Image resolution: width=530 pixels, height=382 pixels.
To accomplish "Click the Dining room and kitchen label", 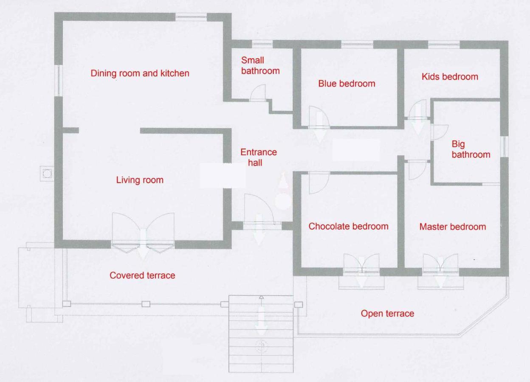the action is [140, 73].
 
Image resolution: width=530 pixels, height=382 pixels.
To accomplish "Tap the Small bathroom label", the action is [260, 65].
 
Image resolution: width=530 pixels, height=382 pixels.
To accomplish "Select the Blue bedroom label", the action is [347, 84].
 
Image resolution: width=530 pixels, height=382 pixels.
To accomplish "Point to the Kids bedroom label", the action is [450, 77].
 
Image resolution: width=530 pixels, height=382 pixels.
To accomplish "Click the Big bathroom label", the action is [471, 149].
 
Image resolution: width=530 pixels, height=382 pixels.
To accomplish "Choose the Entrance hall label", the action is [259, 157].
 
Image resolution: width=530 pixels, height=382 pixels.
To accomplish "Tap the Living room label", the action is [140, 180].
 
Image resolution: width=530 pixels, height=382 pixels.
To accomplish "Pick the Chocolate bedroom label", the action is [348, 226].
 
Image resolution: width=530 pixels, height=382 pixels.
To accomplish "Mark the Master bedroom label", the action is [453, 227].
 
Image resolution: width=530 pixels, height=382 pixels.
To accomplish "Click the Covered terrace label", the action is [142, 275].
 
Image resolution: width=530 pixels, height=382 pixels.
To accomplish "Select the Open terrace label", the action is [387, 314].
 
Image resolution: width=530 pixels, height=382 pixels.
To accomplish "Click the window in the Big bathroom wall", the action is [504, 146].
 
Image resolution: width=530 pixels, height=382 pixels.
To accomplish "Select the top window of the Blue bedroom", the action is [357, 44].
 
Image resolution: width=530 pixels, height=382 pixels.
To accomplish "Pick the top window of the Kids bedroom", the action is [444, 44].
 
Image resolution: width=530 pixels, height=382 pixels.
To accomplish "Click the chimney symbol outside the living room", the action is [47, 174].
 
